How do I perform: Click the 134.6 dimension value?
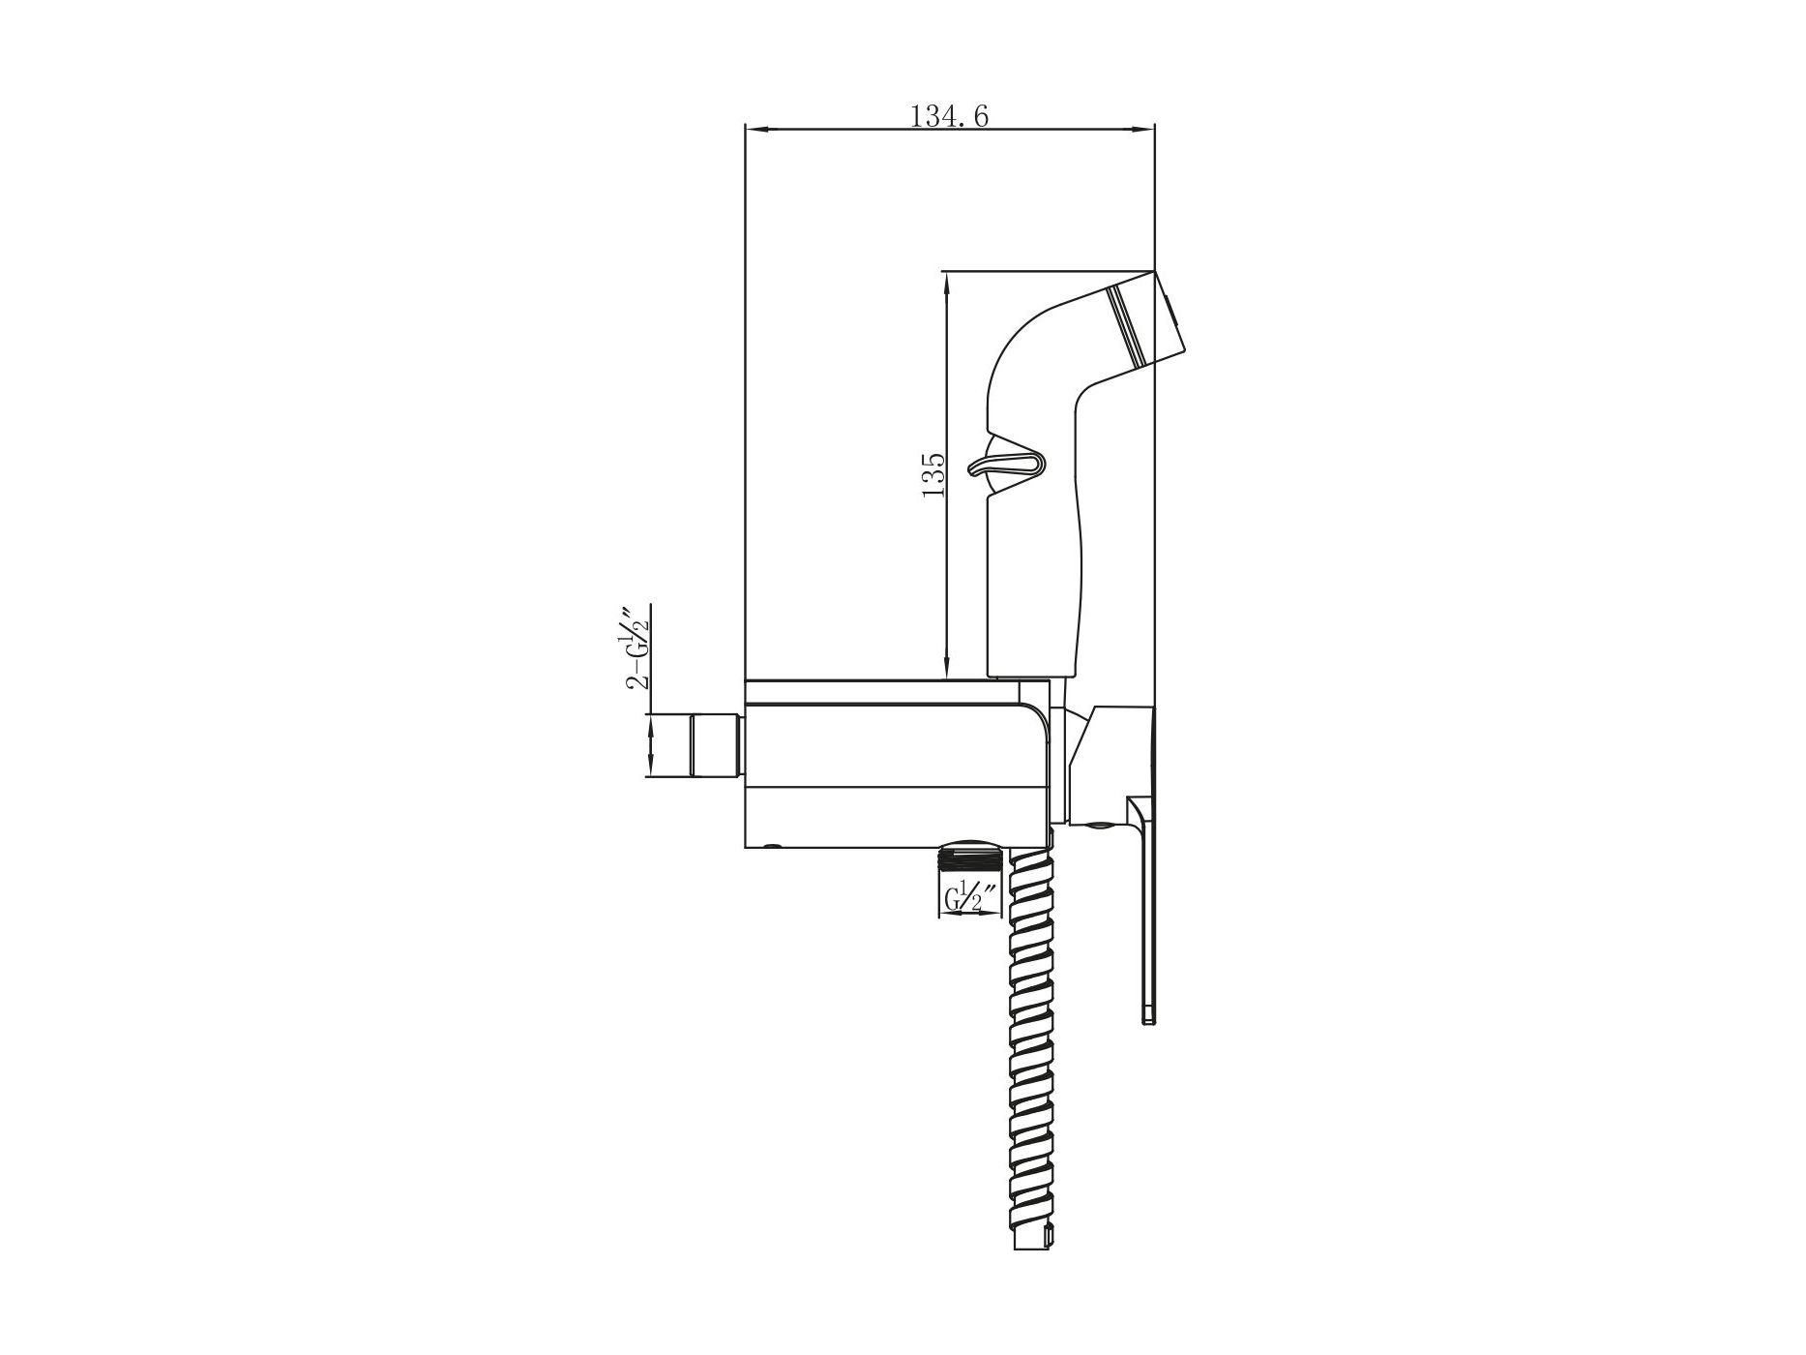click(x=949, y=116)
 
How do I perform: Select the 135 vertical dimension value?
click(x=933, y=474)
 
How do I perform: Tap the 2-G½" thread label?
click(x=637, y=647)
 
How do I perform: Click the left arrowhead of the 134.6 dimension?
click(x=755, y=129)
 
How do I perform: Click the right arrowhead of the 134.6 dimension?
click(x=1144, y=129)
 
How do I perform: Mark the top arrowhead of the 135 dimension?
click(x=946, y=282)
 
